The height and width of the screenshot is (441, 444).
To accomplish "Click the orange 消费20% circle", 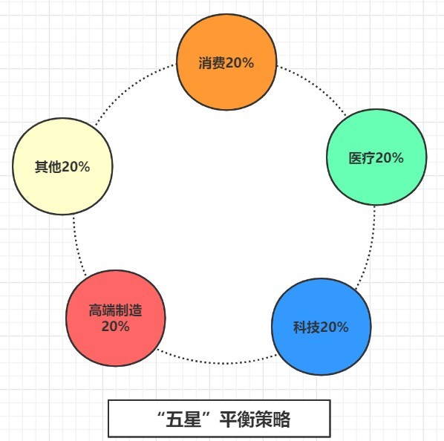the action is tap(226, 62).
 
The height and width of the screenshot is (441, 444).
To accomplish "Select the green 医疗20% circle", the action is tap(376, 157).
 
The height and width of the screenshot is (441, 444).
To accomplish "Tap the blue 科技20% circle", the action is tap(321, 327).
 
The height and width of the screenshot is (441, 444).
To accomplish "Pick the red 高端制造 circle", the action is tap(116, 318).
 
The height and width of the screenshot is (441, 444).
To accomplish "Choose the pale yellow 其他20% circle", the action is tap(62, 166).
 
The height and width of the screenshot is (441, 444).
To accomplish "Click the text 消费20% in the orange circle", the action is tap(226, 62).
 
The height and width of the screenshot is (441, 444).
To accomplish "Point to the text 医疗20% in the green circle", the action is tap(376, 157).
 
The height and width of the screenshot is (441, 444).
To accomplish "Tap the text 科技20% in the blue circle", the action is tap(321, 327).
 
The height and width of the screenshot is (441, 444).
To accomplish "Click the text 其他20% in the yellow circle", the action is tap(62, 167).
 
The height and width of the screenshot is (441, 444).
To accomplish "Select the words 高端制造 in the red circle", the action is tap(116, 310).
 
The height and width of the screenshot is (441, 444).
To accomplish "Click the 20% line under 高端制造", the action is tap(116, 327).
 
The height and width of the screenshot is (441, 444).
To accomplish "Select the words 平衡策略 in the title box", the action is tap(255, 419).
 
